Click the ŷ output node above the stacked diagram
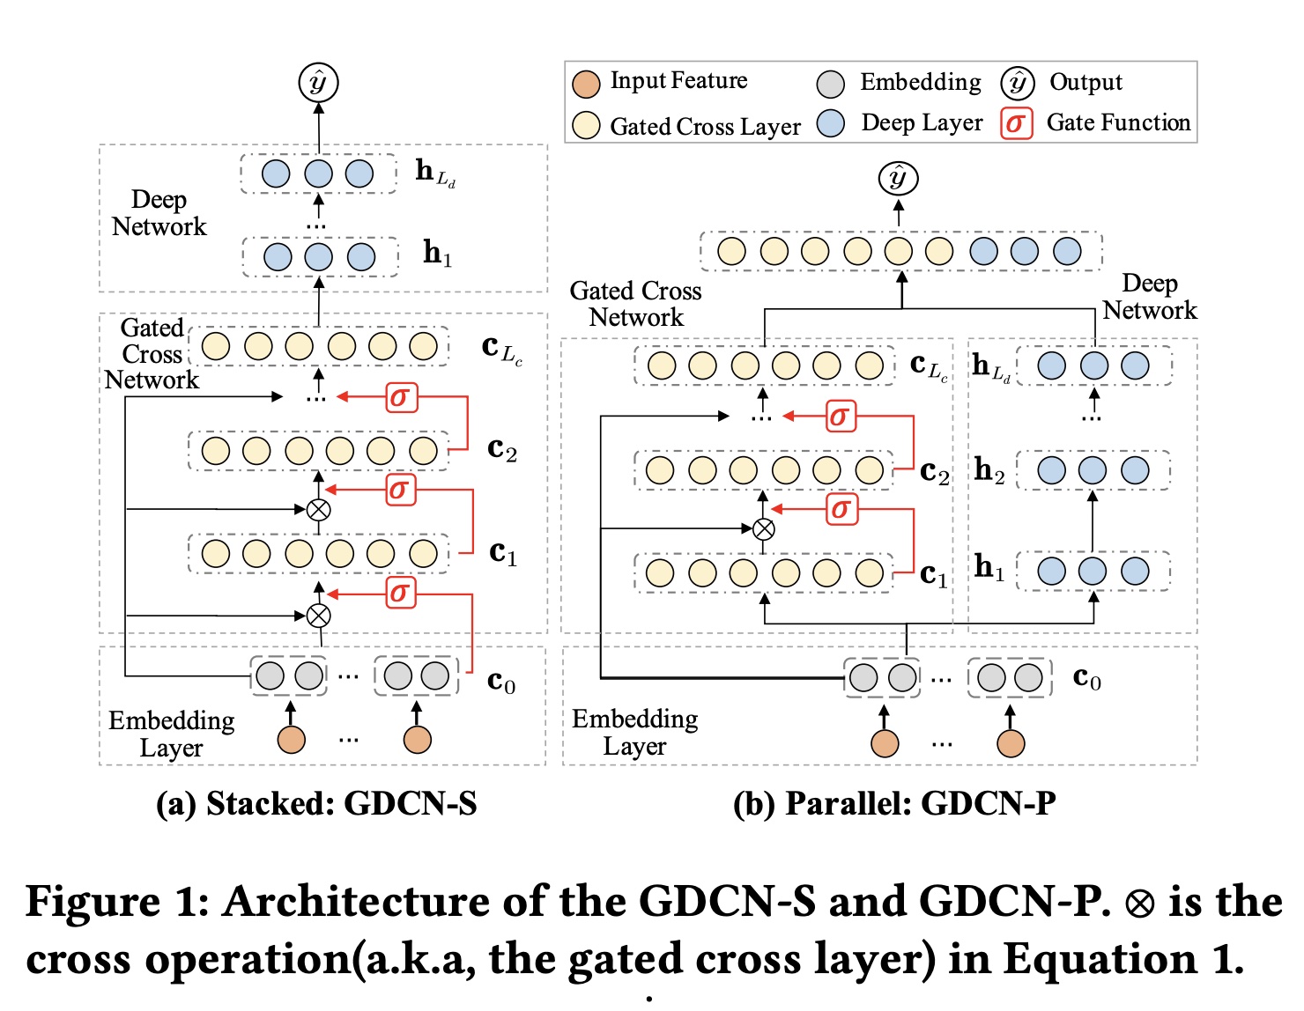pos(318,83)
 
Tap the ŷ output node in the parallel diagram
pos(898,179)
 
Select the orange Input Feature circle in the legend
pos(586,84)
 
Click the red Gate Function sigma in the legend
pos(1016,123)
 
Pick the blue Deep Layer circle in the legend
pos(830,123)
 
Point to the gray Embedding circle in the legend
pos(830,84)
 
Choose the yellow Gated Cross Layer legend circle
pos(586,125)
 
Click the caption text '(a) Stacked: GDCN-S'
pos(316,803)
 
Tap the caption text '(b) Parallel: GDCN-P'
pos(894,803)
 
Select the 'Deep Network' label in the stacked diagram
pos(159,213)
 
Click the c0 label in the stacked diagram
pos(501,683)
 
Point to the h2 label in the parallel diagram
pos(989,470)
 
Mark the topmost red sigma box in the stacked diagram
pos(401,397)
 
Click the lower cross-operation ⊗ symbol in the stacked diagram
pos(318,616)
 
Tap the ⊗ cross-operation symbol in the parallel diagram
pos(764,529)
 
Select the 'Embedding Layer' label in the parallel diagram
pos(634,732)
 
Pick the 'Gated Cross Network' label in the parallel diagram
pos(636,304)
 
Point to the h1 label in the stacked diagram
pos(437,254)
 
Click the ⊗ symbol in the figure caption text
pos(1139,904)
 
